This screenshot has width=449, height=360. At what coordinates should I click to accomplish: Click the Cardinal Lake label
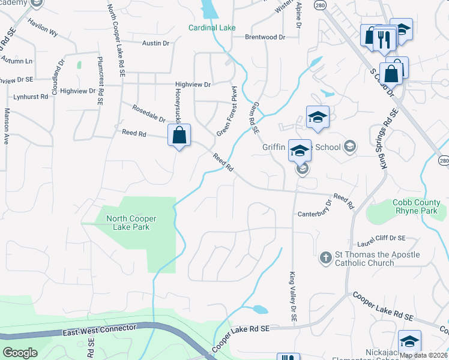212,28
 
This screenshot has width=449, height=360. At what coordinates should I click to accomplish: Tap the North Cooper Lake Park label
127,223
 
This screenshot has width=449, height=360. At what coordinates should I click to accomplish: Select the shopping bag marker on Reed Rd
179,135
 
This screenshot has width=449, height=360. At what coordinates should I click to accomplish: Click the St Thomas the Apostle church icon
325,257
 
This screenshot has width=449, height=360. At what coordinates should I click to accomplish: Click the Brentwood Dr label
265,37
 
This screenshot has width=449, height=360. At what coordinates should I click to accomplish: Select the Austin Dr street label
156,43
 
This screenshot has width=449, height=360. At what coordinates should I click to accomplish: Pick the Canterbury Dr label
315,214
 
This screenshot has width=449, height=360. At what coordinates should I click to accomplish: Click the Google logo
20,353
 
